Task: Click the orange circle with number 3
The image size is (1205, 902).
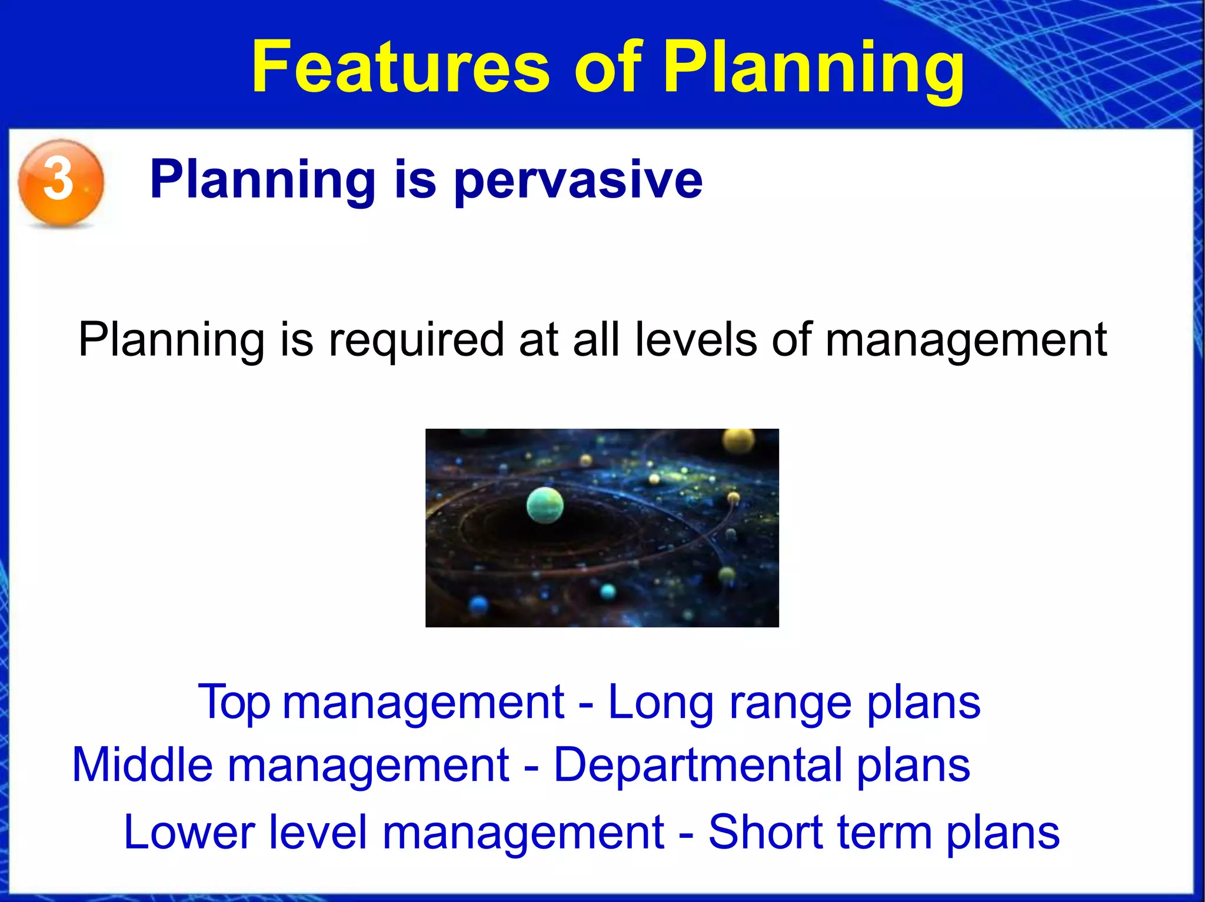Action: [x=61, y=182]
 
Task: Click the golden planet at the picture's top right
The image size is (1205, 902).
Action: [x=738, y=440]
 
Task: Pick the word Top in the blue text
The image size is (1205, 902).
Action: [x=234, y=703]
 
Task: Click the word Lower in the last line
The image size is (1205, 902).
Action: [x=189, y=833]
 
